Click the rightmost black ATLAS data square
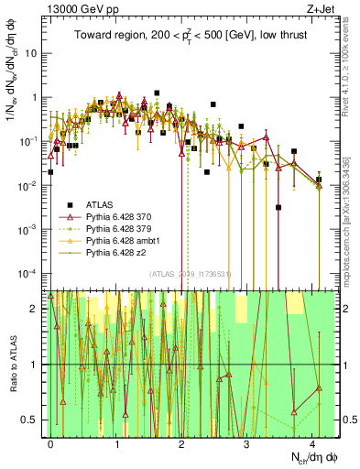click(319, 180)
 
